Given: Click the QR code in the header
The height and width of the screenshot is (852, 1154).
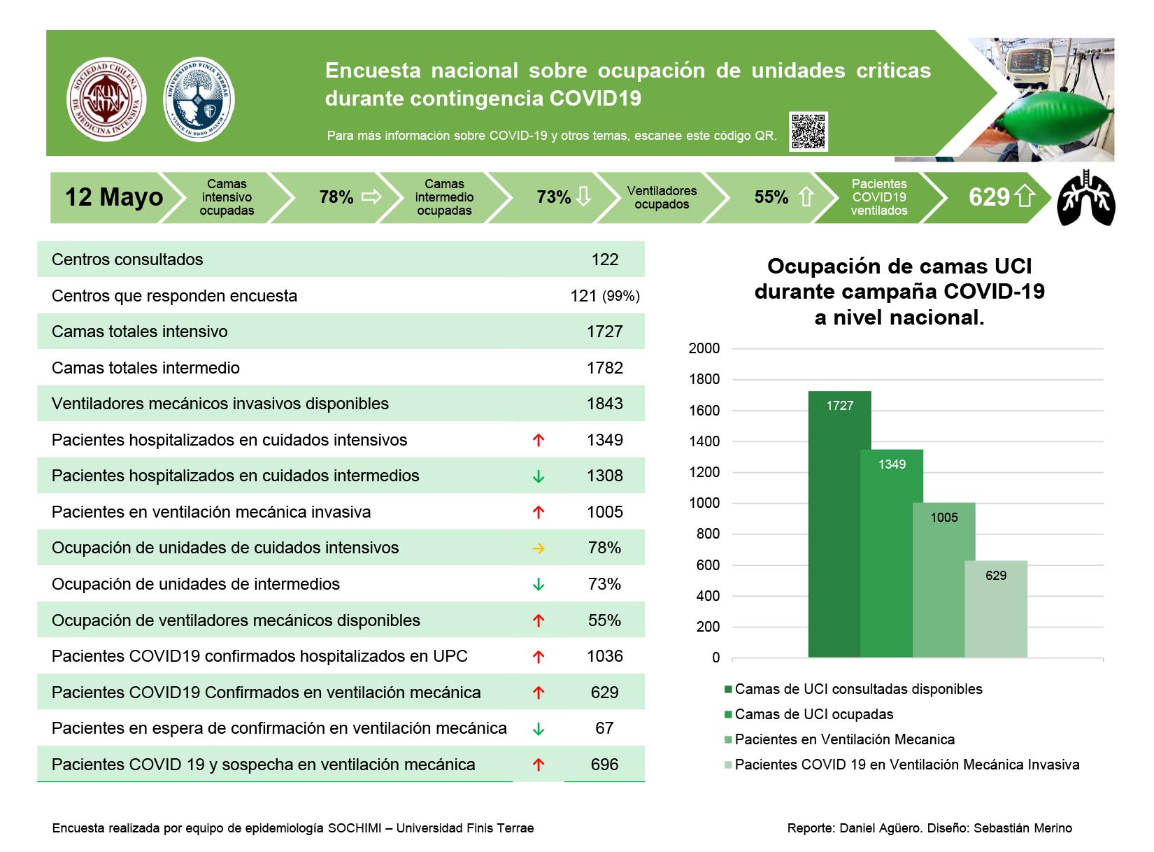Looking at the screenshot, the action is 807,131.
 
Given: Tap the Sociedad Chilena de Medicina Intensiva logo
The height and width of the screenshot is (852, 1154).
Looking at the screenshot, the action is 106,99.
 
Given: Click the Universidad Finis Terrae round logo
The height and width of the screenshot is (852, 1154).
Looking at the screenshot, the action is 199,99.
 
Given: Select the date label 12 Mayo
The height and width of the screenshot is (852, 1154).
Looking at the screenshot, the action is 114,197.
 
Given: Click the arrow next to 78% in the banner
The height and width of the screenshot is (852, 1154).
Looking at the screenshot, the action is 371,197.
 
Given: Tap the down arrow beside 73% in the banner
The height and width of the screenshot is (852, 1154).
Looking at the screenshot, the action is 584,196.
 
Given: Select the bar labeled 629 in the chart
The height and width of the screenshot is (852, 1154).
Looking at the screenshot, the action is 995,609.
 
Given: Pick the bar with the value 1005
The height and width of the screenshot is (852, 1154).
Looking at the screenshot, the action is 943,580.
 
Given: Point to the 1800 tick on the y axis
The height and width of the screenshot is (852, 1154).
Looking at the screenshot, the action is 704,379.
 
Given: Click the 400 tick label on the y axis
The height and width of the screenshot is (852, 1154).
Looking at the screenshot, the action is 708,595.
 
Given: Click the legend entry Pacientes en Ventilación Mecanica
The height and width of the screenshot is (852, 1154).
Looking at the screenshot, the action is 839,739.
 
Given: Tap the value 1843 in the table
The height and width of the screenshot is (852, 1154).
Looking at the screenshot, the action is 604,404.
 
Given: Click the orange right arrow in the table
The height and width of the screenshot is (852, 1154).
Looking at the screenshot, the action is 539,548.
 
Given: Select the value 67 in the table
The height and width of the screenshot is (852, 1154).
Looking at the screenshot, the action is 604,727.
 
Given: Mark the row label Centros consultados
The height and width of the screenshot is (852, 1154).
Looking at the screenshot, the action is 127,260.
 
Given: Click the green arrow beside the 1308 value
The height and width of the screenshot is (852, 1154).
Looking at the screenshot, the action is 539,476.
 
